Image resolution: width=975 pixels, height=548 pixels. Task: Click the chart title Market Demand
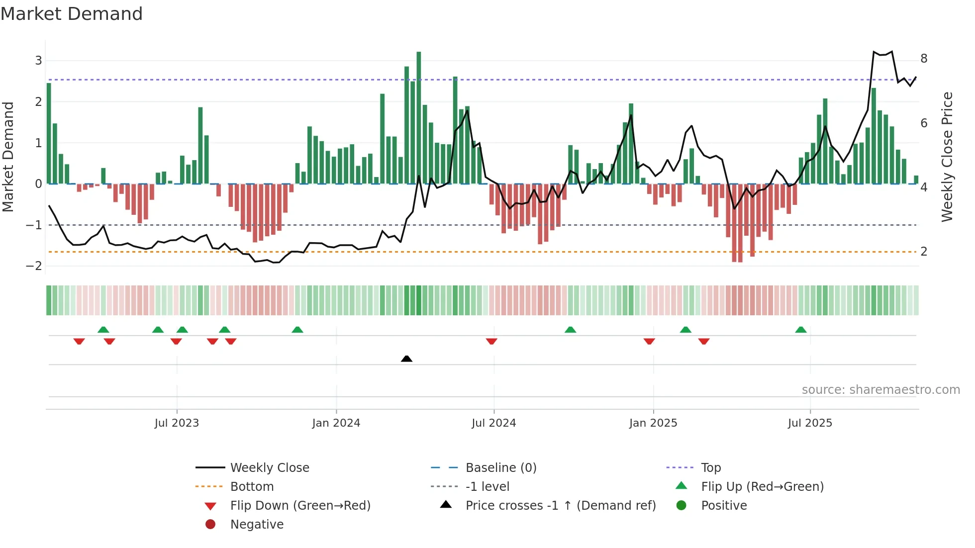point(72,14)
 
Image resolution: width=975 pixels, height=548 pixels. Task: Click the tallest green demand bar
point(419,117)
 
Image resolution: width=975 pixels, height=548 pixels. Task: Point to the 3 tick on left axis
point(38,61)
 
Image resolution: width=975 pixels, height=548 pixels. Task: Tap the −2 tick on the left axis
point(34,266)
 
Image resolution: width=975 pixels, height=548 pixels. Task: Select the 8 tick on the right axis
point(924,59)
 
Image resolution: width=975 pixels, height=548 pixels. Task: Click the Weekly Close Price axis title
point(947,157)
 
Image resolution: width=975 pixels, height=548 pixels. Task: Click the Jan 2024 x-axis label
point(336,423)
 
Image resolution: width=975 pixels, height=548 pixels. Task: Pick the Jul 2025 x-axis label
point(810,423)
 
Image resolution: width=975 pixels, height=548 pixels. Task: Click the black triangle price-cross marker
point(406,359)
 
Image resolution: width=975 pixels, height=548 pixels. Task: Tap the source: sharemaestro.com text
point(880,390)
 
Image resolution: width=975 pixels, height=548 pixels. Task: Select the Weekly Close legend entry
point(269,468)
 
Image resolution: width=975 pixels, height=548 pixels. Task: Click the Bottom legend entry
point(252,487)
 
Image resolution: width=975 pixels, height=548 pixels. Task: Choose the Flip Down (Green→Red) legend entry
point(300,506)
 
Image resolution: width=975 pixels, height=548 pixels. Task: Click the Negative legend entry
point(257,525)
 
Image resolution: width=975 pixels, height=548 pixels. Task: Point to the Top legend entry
point(710,468)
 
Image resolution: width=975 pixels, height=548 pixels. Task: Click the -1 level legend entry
point(487,487)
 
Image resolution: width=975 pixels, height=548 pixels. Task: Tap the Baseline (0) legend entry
point(500,468)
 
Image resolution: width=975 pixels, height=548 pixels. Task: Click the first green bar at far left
point(49,133)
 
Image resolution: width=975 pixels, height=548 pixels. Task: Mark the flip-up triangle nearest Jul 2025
point(801,330)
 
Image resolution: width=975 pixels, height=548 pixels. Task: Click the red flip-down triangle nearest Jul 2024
point(491,341)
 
